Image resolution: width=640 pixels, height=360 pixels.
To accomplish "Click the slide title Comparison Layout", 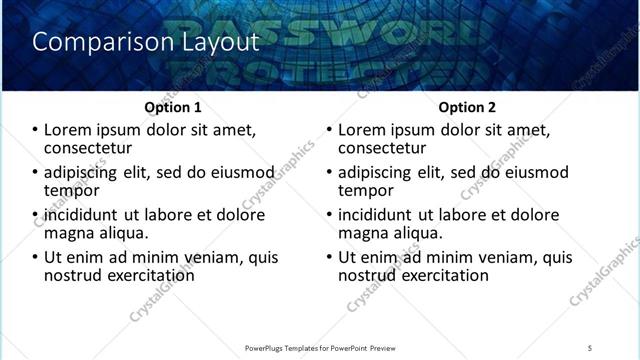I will [x=145, y=42].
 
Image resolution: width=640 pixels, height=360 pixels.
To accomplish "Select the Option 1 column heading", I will [x=173, y=107].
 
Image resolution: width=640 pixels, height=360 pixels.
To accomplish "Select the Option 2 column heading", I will [x=467, y=107].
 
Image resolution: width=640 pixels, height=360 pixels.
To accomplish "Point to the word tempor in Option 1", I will [x=71, y=190].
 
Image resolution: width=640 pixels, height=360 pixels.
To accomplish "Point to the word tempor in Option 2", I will [x=365, y=190].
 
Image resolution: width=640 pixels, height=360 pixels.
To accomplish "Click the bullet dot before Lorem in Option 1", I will [x=35, y=130].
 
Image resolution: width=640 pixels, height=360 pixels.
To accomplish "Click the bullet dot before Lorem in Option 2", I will [x=329, y=130].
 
